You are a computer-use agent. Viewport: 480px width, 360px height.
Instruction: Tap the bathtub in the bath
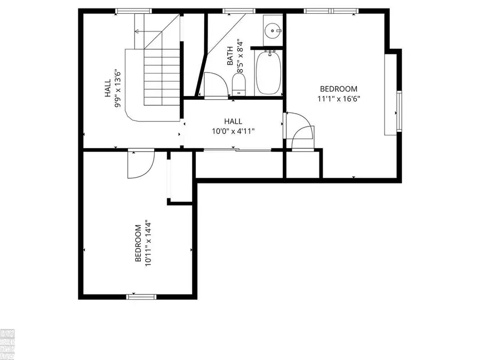click(x=268, y=73)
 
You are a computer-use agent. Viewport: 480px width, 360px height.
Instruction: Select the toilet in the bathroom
click(x=238, y=84)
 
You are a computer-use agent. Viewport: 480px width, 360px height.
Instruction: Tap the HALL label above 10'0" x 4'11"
click(x=233, y=122)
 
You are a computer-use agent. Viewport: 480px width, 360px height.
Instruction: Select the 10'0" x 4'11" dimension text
click(x=233, y=131)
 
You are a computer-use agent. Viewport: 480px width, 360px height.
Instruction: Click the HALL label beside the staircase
click(x=108, y=88)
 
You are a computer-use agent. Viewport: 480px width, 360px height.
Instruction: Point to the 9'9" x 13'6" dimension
click(x=117, y=88)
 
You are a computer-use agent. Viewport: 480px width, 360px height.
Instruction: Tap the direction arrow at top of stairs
click(x=138, y=31)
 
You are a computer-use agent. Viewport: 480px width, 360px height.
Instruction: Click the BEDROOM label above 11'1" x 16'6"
click(x=338, y=89)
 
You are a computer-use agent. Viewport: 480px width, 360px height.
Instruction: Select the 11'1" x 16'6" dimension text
click(x=338, y=99)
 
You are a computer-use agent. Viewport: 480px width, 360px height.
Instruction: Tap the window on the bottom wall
click(x=141, y=295)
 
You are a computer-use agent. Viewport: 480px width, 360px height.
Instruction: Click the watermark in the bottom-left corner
click(x=8, y=344)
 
